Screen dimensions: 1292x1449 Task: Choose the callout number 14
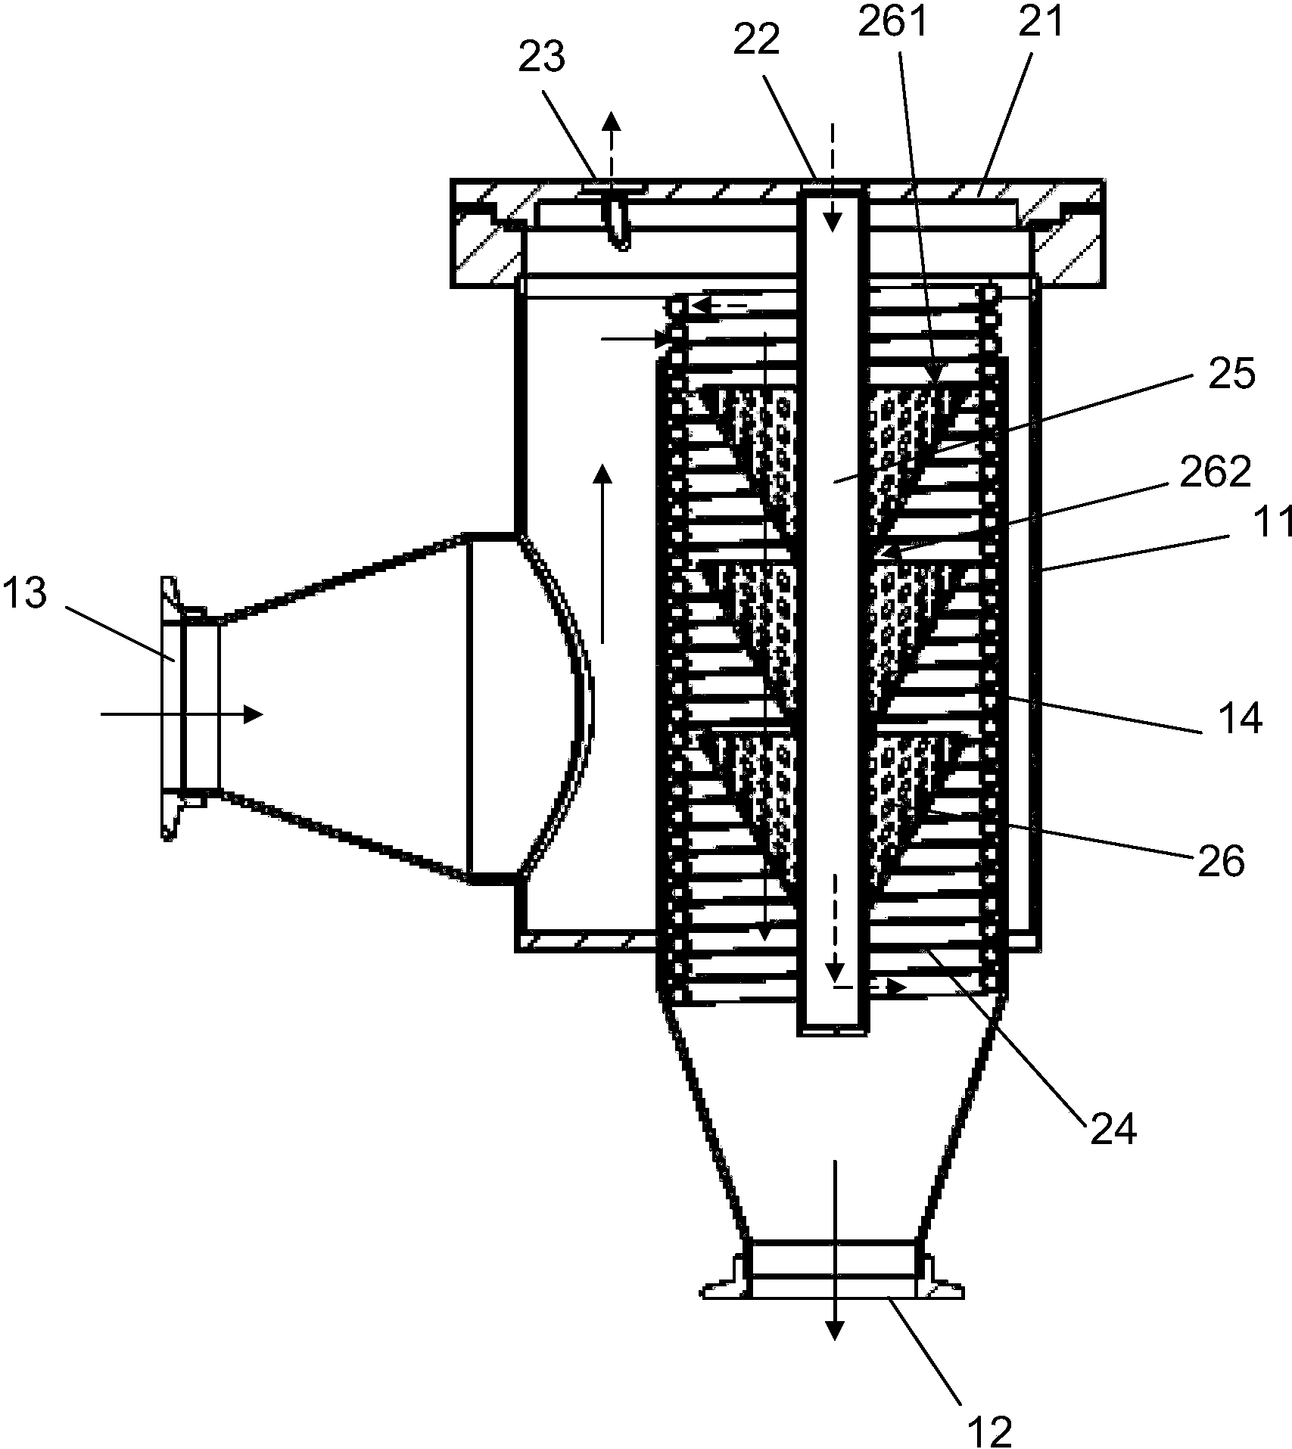click(x=1239, y=718)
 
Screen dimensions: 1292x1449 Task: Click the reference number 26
click(x=1220, y=861)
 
